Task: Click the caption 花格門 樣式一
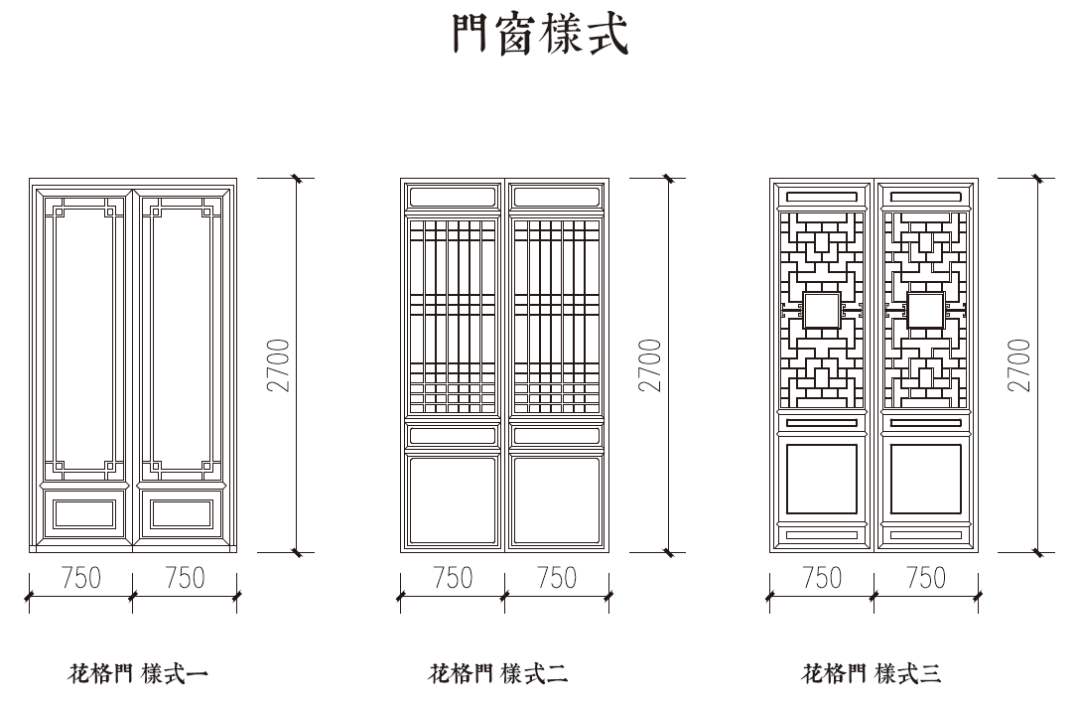(137, 676)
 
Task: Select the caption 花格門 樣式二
(498, 676)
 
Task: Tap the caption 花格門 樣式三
(871, 676)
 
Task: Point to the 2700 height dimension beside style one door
(280, 365)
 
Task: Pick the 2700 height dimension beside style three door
(1020, 365)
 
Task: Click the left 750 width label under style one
(81, 578)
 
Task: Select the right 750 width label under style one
(185, 578)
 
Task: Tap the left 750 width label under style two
(453, 578)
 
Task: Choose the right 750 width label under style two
(556, 578)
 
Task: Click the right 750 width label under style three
(926, 578)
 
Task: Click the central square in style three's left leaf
(821, 310)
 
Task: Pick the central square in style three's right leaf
(925, 310)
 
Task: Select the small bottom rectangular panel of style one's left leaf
(83, 514)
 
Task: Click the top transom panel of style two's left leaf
(453, 197)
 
